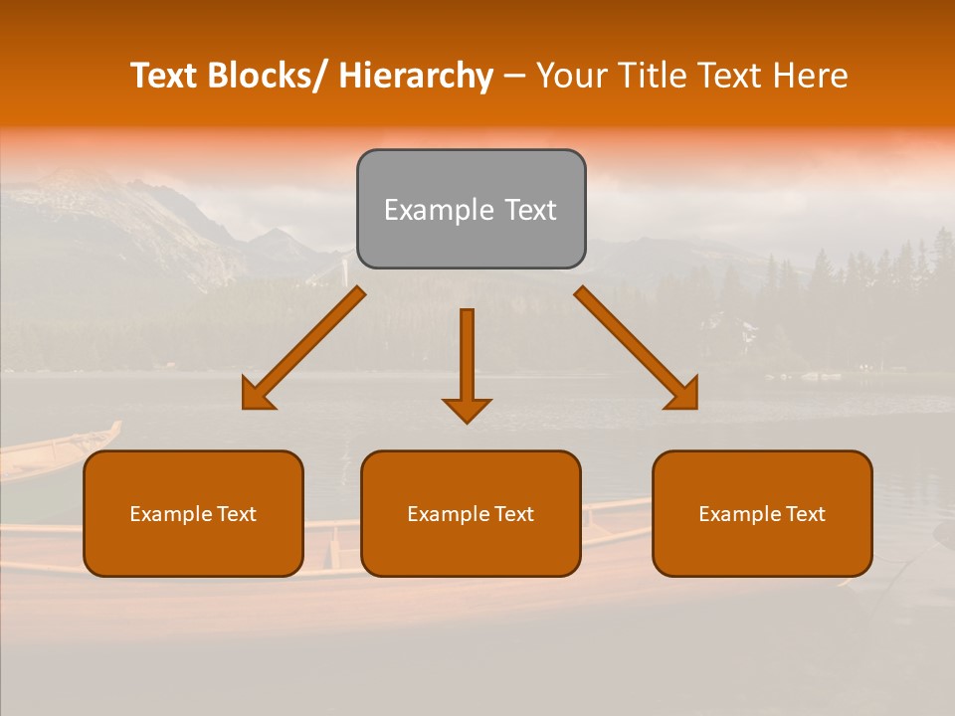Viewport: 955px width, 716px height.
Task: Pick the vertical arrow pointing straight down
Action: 467,363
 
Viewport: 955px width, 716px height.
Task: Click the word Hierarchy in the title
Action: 415,76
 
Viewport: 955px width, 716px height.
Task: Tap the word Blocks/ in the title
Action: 266,76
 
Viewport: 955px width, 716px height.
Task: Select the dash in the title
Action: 514,77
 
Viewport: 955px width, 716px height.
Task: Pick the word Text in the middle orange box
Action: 511,514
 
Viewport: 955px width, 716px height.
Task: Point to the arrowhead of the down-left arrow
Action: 258,395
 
